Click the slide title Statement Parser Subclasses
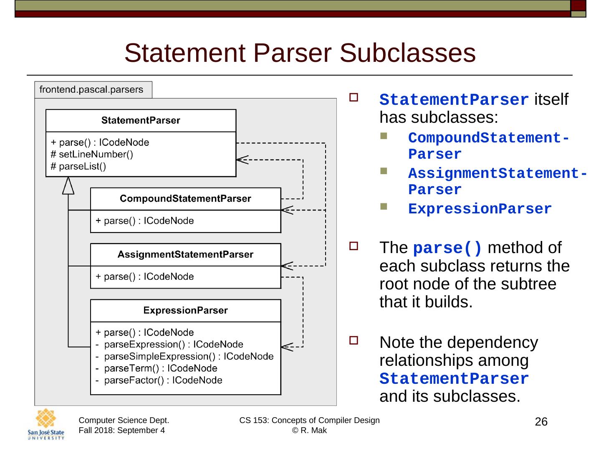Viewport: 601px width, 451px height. click(300, 53)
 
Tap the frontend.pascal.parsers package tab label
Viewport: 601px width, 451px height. click(91, 90)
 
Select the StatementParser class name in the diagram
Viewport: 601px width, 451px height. click(141, 121)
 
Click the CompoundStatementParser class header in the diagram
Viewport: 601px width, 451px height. click(185, 199)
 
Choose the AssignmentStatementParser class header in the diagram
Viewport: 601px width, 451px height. click(185, 255)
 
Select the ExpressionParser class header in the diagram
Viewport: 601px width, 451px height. click(185, 311)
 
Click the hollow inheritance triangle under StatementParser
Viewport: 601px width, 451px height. click(68, 186)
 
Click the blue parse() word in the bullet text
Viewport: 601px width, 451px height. click(447, 248)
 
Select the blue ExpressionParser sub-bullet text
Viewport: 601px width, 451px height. click(480, 209)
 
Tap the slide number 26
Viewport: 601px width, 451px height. click(541, 422)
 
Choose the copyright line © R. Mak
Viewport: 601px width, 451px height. click(309, 431)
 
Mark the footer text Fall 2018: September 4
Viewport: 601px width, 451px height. click(121, 431)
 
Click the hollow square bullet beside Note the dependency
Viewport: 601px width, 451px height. click(354, 340)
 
